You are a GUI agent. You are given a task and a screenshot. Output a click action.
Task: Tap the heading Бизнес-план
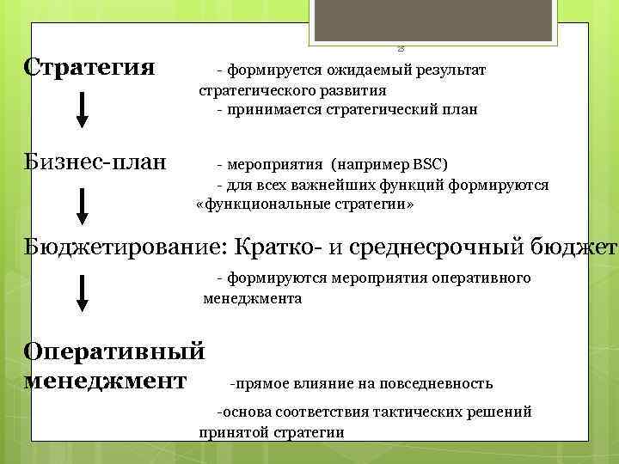[x=95, y=162]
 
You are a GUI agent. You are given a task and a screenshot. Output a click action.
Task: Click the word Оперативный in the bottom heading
[x=114, y=351]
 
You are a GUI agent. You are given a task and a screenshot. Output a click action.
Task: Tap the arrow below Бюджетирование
[x=82, y=292]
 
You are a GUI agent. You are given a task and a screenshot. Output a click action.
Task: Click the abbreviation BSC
[x=432, y=163]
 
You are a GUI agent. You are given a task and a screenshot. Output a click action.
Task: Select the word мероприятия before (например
[x=270, y=163]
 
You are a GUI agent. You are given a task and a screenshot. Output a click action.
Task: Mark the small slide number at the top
[x=401, y=49]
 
